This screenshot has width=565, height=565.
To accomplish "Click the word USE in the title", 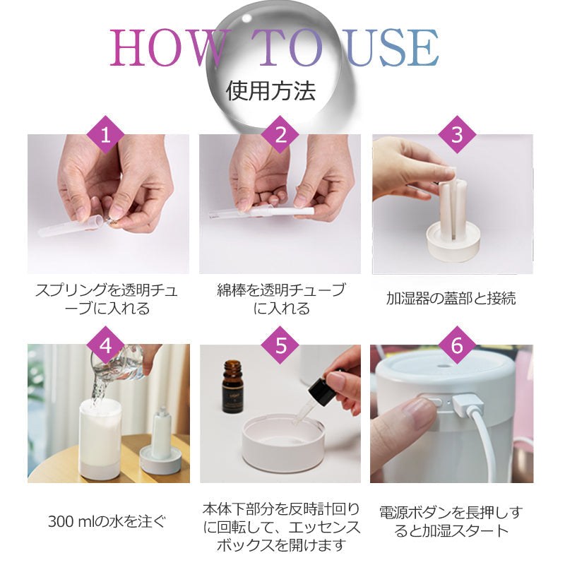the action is [392, 48].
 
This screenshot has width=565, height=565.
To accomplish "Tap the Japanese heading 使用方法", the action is [270, 90].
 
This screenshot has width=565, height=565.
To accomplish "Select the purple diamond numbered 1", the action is [105, 135].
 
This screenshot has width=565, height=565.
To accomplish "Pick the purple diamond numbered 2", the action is [280, 135].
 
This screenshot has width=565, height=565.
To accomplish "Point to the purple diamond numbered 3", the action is [457, 135].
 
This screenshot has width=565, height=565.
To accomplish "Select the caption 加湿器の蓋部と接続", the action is [451, 299].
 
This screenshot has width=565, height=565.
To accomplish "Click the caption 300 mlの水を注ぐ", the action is [107, 521].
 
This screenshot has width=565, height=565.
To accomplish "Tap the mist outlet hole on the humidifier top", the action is [442, 365].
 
